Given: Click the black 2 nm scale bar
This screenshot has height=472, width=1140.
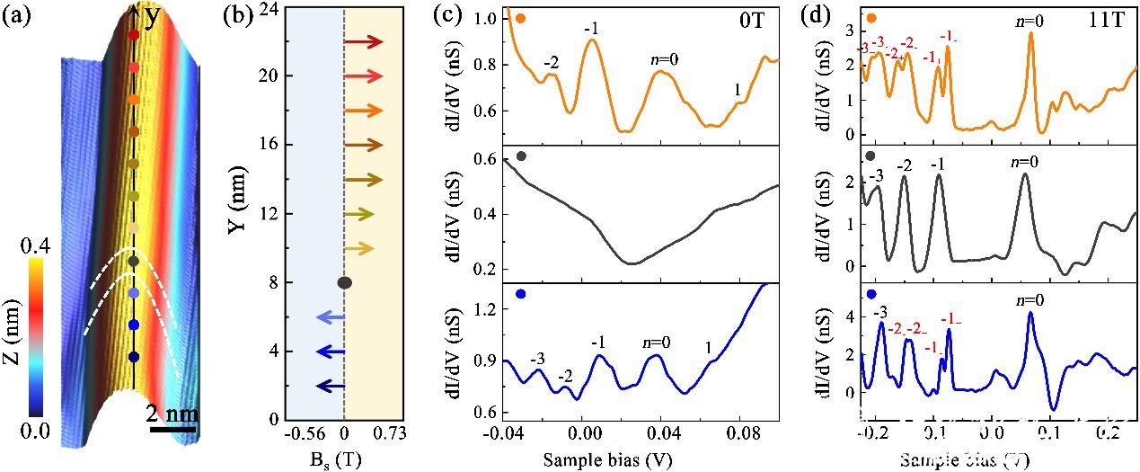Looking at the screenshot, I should [172, 428].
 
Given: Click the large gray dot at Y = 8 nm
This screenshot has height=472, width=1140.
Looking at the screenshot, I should [344, 283].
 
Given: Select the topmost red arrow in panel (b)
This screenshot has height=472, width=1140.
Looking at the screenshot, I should [363, 41].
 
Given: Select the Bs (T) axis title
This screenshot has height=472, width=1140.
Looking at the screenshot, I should [344, 459].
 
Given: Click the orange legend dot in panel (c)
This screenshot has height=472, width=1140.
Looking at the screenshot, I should [521, 18].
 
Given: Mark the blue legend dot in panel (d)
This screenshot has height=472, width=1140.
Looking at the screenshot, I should [870, 294].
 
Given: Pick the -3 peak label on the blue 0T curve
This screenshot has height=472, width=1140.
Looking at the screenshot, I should [537, 360].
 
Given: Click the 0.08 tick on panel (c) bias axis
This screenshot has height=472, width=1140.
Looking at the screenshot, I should [739, 432].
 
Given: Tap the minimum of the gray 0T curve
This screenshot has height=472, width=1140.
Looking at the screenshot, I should [632, 263].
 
